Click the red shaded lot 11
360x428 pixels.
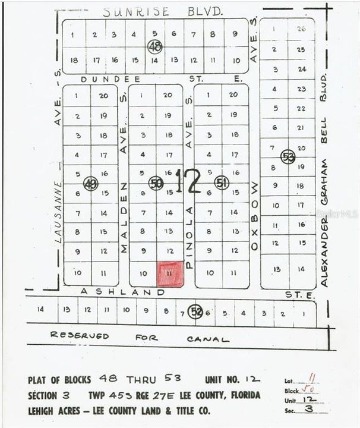(x=170, y=275)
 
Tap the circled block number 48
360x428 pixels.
(x=155, y=46)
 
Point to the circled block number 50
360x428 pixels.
(x=156, y=183)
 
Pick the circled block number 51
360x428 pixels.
(x=222, y=182)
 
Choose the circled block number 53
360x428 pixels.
(x=288, y=156)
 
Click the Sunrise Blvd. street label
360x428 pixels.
(x=162, y=11)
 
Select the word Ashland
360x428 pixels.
(x=122, y=292)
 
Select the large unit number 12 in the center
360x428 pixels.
(x=188, y=181)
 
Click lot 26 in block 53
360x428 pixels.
(x=301, y=29)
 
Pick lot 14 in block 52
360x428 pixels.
(x=41, y=309)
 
